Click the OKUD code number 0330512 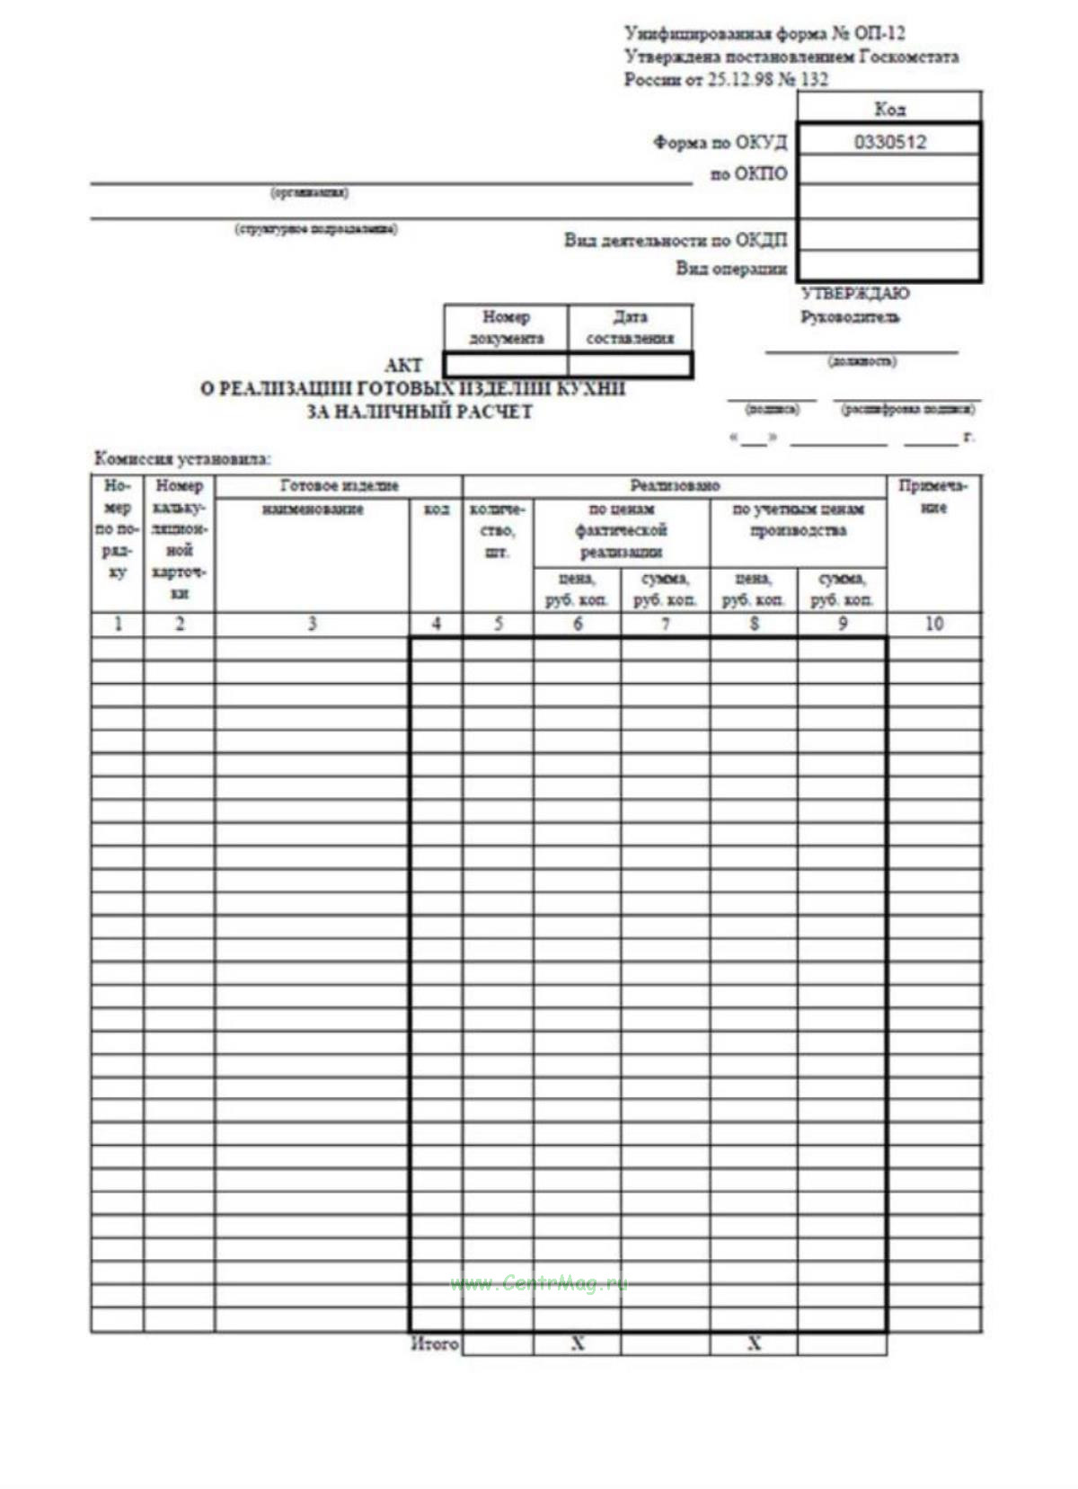(x=889, y=142)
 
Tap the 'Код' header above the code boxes (x=889, y=109)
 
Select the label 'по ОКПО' (x=749, y=173)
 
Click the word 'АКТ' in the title (x=403, y=365)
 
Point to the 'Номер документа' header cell (x=506, y=327)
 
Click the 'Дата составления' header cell (x=630, y=327)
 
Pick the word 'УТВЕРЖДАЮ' (x=854, y=293)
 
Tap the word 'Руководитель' (x=850, y=316)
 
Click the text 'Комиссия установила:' (x=182, y=458)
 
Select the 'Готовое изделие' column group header (x=339, y=486)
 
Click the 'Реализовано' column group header (x=675, y=486)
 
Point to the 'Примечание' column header (x=933, y=497)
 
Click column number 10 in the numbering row (x=933, y=624)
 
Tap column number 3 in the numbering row (x=312, y=624)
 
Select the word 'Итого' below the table (x=435, y=1344)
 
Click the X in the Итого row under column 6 (x=578, y=1343)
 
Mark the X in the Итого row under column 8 (x=754, y=1343)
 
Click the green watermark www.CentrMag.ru (x=539, y=1283)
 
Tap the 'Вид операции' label (x=731, y=268)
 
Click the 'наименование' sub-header (x=313, y=510)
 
